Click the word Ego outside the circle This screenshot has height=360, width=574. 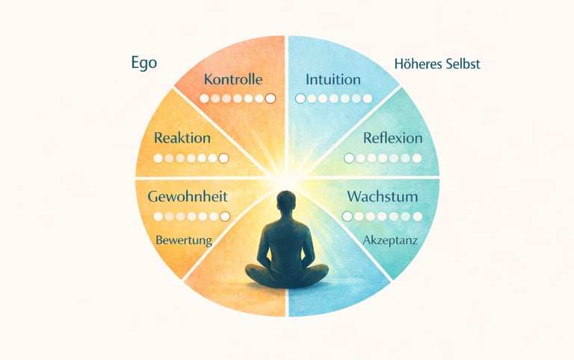click(143, 63)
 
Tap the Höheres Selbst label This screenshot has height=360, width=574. click(436, 64)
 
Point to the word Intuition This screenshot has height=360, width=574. click(333, 79)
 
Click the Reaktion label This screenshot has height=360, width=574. click(182, 138)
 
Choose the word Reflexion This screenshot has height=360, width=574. click(392, 138)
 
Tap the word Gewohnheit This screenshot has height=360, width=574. click(188, 198)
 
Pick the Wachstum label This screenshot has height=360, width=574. click(382, 198)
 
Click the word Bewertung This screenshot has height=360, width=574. click(184, 240)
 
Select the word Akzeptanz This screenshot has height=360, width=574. click(389, 240)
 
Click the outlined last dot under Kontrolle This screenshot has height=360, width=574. click(271, 99)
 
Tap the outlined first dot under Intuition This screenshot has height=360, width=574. click(300, 99)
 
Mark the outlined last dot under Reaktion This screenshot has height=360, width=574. click(223, 158)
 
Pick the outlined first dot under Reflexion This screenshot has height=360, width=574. click(348, 158)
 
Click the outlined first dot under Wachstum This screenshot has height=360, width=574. click(347, 217)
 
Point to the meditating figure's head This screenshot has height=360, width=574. click(286, 202)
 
